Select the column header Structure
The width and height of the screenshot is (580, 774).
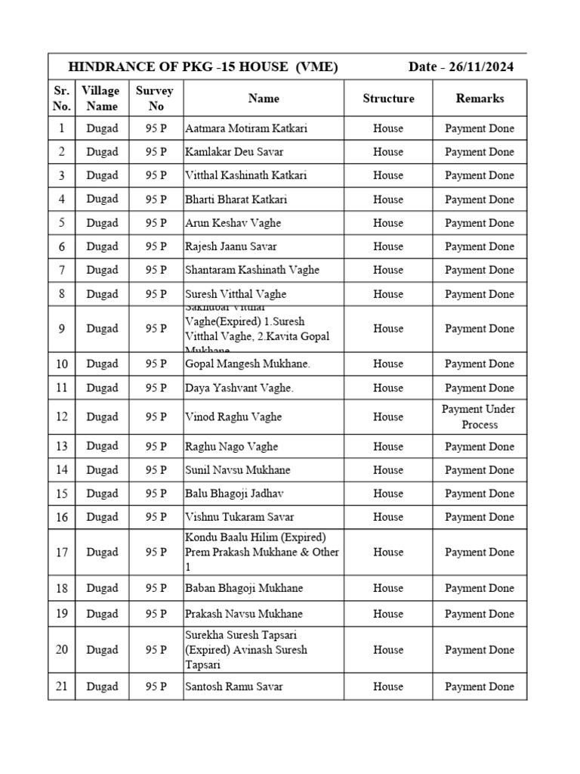[388, 98]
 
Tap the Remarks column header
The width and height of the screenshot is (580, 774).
[480, 98]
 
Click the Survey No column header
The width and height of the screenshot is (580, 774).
[155, 98]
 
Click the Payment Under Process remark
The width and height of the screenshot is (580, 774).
[480, 416]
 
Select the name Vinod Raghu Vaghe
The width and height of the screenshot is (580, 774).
[233, 416]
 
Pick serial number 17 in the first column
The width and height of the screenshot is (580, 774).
[62, 552]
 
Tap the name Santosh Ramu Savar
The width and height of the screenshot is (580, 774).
[234, 686]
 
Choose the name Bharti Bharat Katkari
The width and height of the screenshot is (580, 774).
[236, 200]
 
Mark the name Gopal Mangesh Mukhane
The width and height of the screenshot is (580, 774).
[248, 364]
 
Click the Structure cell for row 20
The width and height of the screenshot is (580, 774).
[388, 649]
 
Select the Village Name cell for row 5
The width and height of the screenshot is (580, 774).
[102, 223]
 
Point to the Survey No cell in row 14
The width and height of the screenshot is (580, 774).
[156, 470]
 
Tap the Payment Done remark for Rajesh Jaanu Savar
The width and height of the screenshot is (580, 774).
[480, 246]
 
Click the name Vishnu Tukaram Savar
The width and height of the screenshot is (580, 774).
[240, 517]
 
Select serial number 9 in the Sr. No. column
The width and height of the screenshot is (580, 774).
[62, 329]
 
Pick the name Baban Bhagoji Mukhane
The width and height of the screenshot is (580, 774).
[245, 588]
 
